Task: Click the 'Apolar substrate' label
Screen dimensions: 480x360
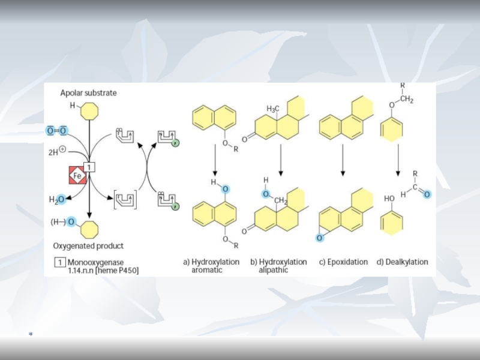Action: (x=88, y=93)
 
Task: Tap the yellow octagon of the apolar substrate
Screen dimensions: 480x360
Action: (x=89, y=110)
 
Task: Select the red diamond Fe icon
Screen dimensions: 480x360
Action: (x=77, y=176)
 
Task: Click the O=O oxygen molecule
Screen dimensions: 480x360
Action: (x=57, y=131)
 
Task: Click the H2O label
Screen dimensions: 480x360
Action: (x=58, y=199)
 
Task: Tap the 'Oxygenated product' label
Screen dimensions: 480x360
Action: (x=88, y=245)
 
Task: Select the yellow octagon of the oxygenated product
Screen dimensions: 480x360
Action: (x=89, y=227)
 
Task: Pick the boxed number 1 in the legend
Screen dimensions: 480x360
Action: (x=59, y=262)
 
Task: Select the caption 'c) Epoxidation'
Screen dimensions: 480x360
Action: (x=343, y=262)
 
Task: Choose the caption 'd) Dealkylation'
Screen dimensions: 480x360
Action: (x=403, y=262)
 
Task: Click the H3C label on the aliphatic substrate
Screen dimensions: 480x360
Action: (x=273, y=109)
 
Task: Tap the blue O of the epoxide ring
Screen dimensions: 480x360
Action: (x=320, y=238)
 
